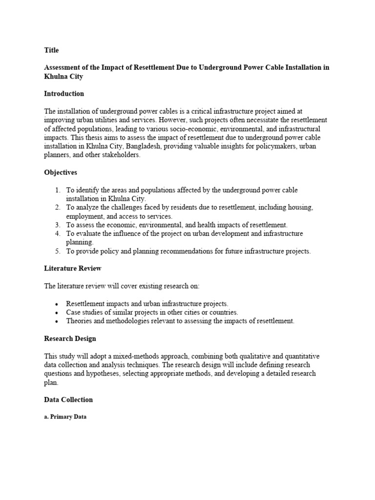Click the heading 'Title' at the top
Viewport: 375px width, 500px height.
pos(51,50)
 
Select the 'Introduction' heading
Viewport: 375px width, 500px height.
pos(64,93)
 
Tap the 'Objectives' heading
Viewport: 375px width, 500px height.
pos(61,172)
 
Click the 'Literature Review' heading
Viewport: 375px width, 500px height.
pos(73,268)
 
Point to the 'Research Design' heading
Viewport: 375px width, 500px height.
pos(70,338)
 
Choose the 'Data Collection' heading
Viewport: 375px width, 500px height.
pos(68,399)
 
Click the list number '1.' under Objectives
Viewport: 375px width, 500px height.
pos(58,190)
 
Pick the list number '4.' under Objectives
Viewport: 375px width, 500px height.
pos(58,233)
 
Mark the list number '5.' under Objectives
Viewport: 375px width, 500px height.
pos(58,251)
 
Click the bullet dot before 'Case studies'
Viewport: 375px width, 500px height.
pos(58,312)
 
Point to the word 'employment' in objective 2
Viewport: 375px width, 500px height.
pos(84,216)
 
